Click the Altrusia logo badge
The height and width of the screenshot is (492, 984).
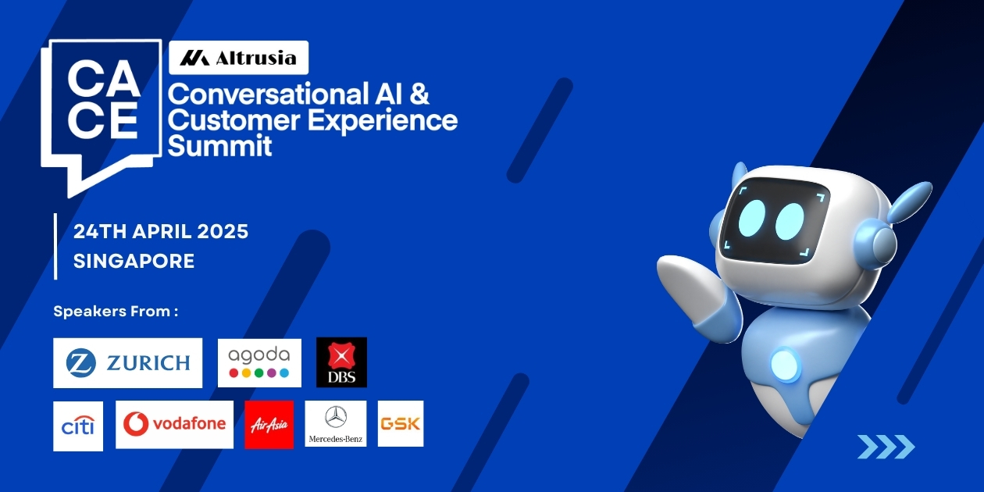238,58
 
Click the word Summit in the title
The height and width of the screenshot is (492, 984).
220,146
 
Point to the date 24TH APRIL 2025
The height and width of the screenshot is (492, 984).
161,232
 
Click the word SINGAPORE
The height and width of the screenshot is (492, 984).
134,262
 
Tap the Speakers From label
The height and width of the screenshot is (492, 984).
116,312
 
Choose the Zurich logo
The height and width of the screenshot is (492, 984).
127,362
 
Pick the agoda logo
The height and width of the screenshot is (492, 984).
259,362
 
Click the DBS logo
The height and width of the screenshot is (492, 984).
341,362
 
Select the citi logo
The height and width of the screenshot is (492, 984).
78,426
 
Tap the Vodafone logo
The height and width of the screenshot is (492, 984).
174,424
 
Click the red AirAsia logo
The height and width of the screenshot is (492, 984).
269,424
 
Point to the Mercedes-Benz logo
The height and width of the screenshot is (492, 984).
336,424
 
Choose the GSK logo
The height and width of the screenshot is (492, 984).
401,424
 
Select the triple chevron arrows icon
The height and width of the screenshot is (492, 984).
886,447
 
